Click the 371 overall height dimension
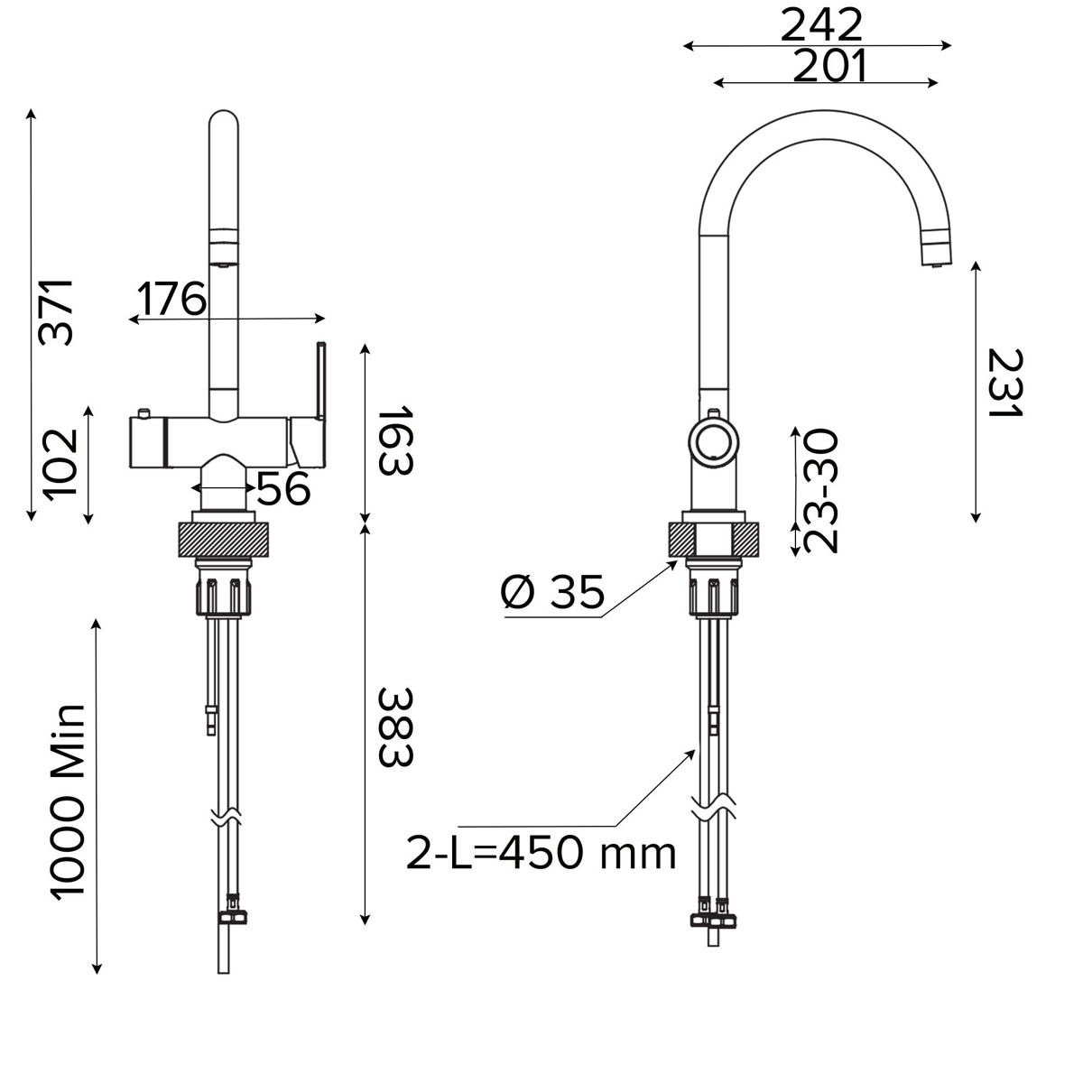pos(56,311)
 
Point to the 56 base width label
pos(283,489)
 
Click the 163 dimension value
pos(394,441)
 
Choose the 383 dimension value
pos(394,727)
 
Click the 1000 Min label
pos(67,801)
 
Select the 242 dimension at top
pos(821,24)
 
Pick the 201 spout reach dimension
pos(829,66)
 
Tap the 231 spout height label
pos(1004,384)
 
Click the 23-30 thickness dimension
pos(821,491)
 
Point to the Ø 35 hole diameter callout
pos(552,594)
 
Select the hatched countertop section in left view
pos(225,540)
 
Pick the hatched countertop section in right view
pos(716,540)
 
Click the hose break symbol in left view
pos(225,819)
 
